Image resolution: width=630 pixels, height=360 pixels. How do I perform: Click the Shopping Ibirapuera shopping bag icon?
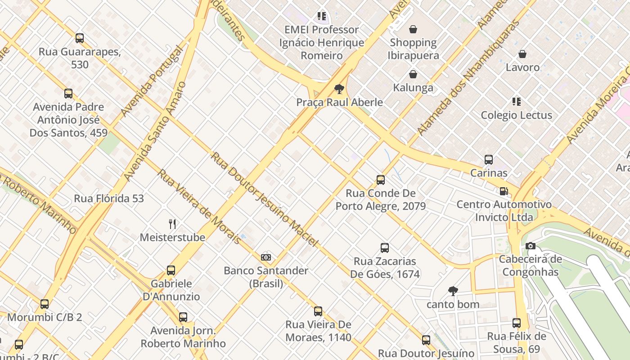click(413, 30)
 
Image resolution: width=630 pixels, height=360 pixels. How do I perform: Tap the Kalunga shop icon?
click(413, 74)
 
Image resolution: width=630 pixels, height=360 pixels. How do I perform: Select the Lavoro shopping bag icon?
click(522, 54)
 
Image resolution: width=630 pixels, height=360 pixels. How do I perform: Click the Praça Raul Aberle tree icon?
click(339, 89)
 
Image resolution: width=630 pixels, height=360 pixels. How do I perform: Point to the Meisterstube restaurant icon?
click(172, 224)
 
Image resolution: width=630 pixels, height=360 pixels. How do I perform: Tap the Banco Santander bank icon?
click(266, 257)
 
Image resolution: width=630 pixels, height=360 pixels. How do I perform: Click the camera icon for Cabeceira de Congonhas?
click(531, 246)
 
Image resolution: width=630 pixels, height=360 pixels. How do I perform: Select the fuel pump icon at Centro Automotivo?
click(504, 191)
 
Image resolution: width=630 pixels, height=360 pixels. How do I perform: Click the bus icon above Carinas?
click(489, 159)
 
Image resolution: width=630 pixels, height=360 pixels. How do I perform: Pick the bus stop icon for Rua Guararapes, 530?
click(80, 38)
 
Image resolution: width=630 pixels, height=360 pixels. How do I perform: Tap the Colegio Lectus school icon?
click(517, 102)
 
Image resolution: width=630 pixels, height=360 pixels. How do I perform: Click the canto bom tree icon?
click(453, 291)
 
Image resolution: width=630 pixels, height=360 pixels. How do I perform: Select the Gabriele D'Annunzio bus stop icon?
click(171, 270)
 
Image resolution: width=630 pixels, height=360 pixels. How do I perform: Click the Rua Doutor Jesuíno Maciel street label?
click(265, 199)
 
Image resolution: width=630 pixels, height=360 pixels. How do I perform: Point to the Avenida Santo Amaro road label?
click(155, 131)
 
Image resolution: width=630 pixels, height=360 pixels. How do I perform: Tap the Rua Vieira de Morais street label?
click(199, 207)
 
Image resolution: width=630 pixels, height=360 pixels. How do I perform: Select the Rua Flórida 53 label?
click(109, 198)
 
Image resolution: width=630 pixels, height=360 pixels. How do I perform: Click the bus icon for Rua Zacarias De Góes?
click(385, 248)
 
